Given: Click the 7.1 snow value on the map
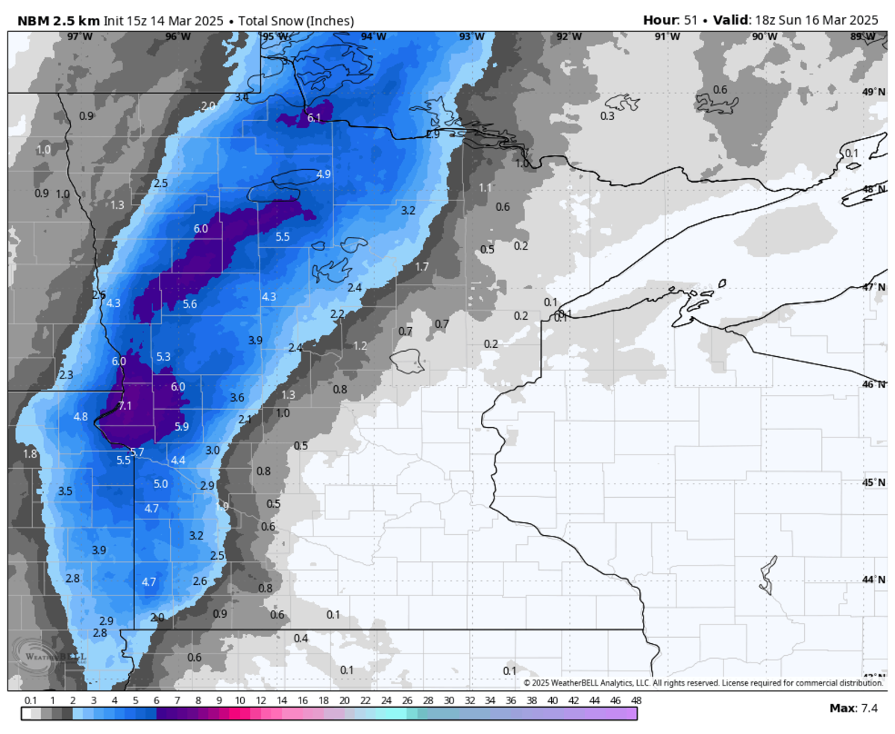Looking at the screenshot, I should pyautogui.click(x=125, y=406).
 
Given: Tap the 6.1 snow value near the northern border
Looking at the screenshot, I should pyautogui.click(x=314, y=118).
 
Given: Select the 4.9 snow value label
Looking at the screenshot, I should pyautogui.click(x=324, y=174).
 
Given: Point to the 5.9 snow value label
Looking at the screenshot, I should pyautogui.click(x=182, y=427).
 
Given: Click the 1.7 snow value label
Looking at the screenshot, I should pyautogui.click(x=422, y=267).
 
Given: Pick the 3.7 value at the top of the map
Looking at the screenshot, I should pyautogui.click(x=289, y=60).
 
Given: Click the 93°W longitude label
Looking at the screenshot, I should pyautogui.click(x=471, y=37).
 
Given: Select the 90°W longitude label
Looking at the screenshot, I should pyautogui.click(x=764, y=37).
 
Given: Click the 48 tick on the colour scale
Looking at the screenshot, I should pyautogui.click(x=635, y=700).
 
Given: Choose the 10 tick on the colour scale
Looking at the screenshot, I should pyautogui.click(x=240, y=700).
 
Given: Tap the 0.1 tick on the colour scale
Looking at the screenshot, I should pyautogui.click(x=31, y=700).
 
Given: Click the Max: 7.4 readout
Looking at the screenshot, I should pyautogui.click(x=855, y=708).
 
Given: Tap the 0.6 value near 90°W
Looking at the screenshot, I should pyautogui.click(x=720, y=90).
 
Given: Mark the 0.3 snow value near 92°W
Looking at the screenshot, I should pyautogui.click(x=608, y=116).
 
